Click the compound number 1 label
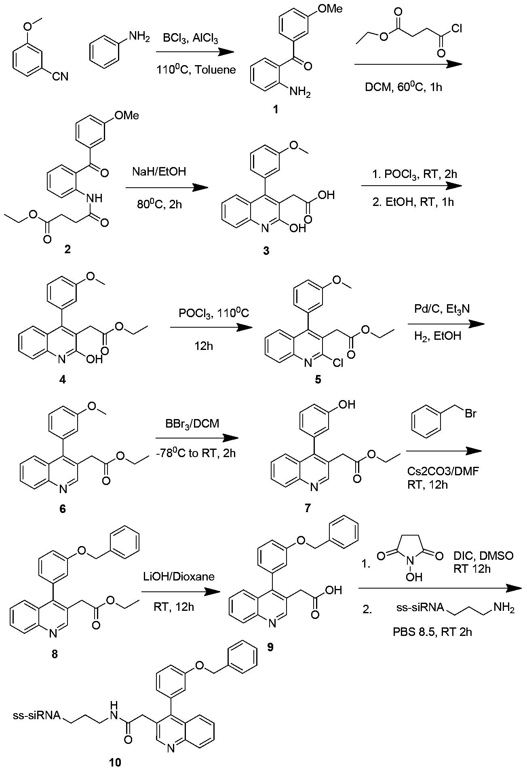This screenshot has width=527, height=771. pyautogui.click(x=276, y=109)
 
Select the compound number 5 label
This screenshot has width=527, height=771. pyautogui.click(x=318, y=380)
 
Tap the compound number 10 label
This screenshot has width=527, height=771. pyautogui.click(x=115, y=763)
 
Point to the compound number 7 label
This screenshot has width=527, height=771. pyautogui.click(x=308, y=508)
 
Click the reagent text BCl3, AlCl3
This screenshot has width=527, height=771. pyautogui.click(x=191, y=39)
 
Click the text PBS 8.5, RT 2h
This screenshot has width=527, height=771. pyautogui.click(x=432, y=631)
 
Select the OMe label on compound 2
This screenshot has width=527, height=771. pyautogui.click(x=127, y=116)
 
